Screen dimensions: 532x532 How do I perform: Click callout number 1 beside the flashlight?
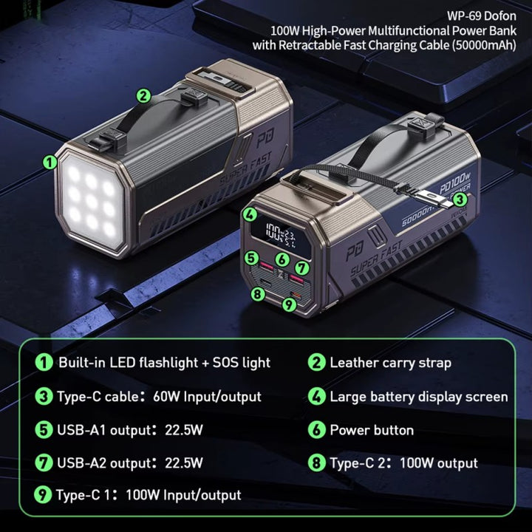(x=50, y=163)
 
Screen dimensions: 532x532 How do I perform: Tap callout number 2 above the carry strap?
(x=143, y=95)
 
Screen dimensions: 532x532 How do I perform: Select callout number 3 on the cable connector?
(x=460, y=199)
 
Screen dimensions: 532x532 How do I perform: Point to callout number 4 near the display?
(x=250, y=214)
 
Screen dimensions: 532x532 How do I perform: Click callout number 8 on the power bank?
(x=258, y=293)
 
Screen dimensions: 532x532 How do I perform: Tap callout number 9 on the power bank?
(x=289, y=304)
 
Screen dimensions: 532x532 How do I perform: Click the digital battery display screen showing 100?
(x=281, y=235)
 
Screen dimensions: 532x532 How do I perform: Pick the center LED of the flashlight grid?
(x=92, y=202)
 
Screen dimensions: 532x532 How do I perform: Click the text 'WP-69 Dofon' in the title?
(x=482, y=16)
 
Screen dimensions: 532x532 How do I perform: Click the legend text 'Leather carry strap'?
(x=391, y=363)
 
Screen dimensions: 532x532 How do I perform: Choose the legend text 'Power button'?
(x=372, y=430)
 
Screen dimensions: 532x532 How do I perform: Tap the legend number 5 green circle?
(x=44, y=429)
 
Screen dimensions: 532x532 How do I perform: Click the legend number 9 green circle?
(x=43, y=494)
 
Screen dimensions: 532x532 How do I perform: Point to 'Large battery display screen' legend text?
(x=419, y=397)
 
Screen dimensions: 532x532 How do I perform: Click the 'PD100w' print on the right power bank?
(x=454, y=183)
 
